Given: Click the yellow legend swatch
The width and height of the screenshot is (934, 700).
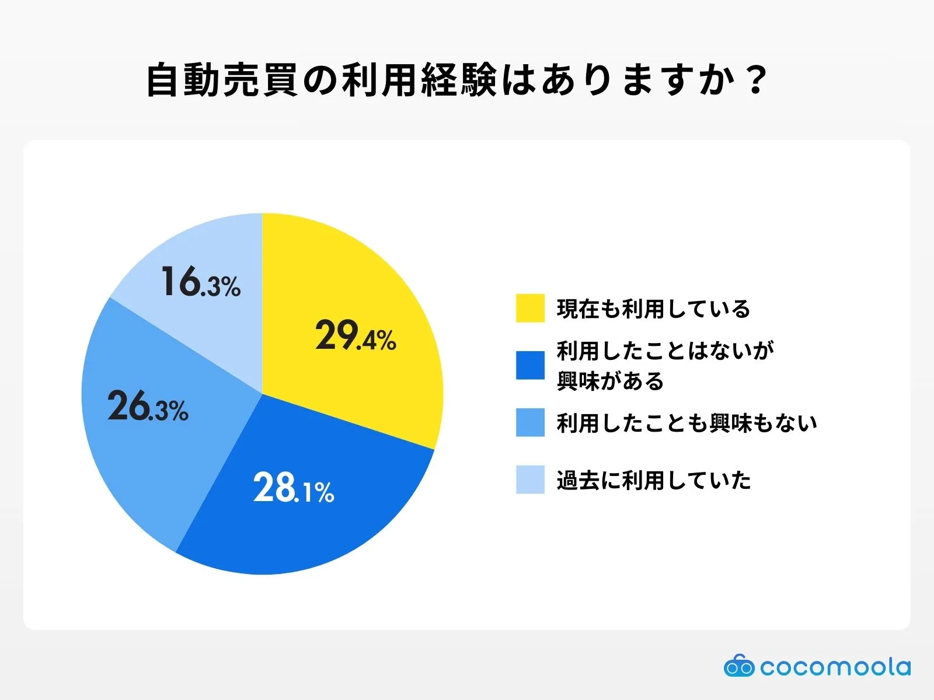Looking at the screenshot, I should [530, 308].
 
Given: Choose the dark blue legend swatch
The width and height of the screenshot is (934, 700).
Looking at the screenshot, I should [530, 365].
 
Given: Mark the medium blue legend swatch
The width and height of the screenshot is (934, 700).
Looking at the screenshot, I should [530, 422].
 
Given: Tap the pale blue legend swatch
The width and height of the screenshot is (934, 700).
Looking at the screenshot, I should [530, 480].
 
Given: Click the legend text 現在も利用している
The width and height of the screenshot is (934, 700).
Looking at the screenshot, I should [653, 309].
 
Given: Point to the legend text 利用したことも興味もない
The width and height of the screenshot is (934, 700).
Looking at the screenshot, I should [686, 423].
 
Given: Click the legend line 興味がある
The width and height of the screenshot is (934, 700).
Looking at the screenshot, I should [611, 381].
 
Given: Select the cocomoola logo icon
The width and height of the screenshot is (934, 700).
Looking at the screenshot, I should [738, 666].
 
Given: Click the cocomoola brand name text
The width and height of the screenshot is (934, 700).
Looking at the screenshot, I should [835, 667].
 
